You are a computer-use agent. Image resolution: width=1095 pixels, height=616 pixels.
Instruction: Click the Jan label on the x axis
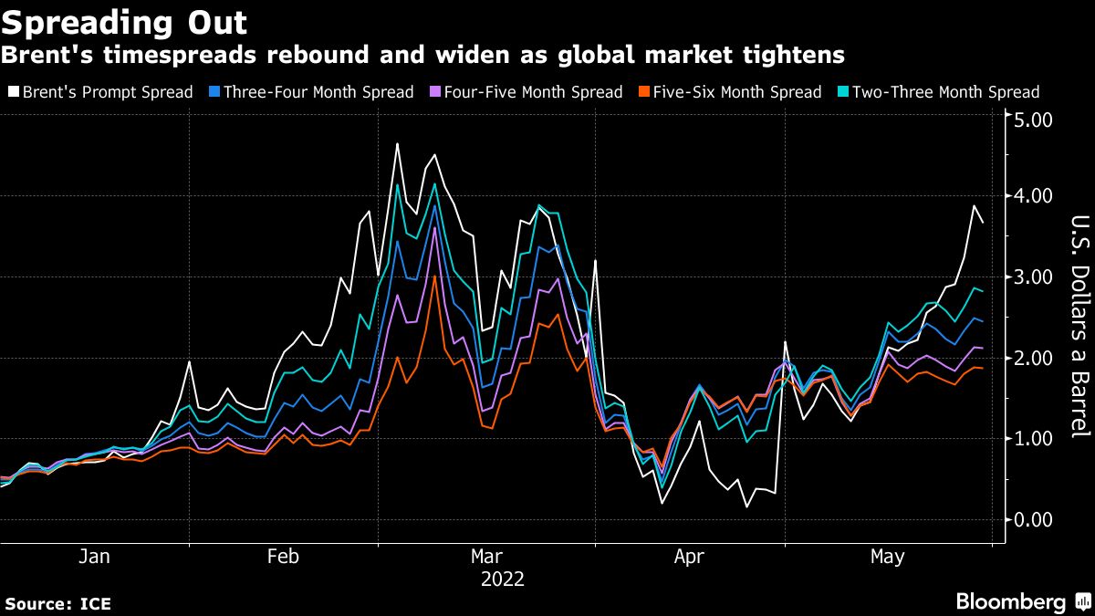click(94, 557)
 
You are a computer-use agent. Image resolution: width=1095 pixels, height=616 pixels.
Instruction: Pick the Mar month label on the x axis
click(485, 557)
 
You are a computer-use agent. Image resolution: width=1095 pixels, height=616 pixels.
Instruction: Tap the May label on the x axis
click(887, 557)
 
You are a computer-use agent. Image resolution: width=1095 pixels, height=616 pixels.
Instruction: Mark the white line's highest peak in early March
click(397, 143)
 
